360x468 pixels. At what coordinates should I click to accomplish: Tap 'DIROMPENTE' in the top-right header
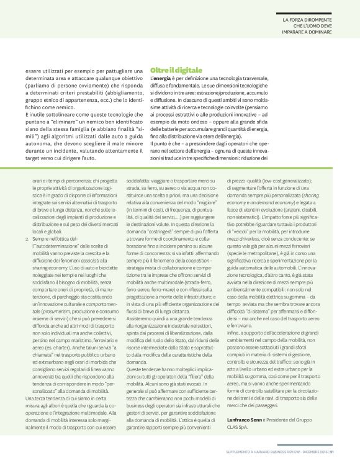point(317,20)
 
